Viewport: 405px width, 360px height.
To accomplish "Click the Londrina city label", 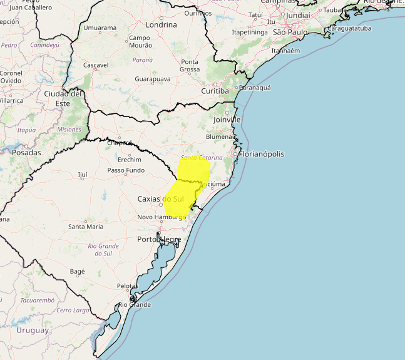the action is [x=161, y=25].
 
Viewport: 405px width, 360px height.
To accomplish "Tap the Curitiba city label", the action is [x=215, y=91].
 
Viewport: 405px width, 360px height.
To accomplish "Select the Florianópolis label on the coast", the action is [x=262, y=154].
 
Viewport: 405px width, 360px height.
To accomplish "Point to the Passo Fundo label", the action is [x=126, y=170].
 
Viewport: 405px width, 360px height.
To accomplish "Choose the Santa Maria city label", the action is [x=86, y=226].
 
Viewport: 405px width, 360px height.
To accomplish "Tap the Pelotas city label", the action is [x=126, y=285].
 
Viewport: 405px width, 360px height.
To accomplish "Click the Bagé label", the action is [x=77, y=272].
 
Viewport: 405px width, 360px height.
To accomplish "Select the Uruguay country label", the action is [x=33, y=330].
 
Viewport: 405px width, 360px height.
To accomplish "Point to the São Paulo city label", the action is [x=290, y=31].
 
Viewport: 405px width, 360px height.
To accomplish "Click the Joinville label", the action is [x=227, y=119].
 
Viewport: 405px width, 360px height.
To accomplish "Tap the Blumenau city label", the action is [x=220, y=136].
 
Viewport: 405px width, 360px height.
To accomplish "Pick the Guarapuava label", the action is [x=153, y=80].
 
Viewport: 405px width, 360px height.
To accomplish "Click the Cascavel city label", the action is [x=96, y=65].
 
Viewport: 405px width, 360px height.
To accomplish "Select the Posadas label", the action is [x=26, y=153].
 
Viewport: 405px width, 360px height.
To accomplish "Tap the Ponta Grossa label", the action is [x=190, y=66].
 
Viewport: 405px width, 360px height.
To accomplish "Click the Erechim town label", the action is [x=130, y=160].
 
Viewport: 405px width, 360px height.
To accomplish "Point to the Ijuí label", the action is [x=83, y=175].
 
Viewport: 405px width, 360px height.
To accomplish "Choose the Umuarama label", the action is [x=100, y=28].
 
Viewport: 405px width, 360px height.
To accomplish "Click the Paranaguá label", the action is [x=255, y=88].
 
